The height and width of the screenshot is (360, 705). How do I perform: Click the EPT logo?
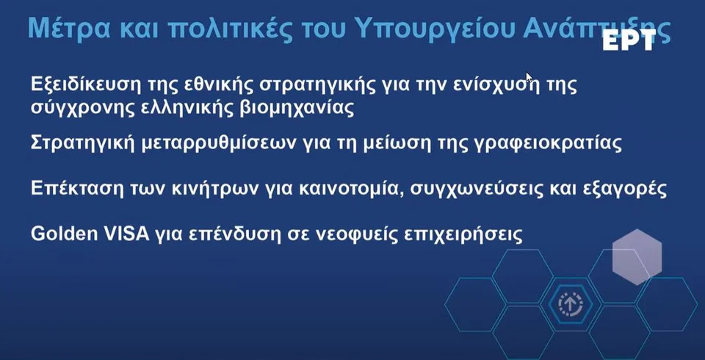pos(629,41)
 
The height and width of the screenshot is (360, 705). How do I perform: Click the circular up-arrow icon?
pos(570,305)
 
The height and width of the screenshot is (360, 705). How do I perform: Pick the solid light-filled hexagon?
pos(637,256)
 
